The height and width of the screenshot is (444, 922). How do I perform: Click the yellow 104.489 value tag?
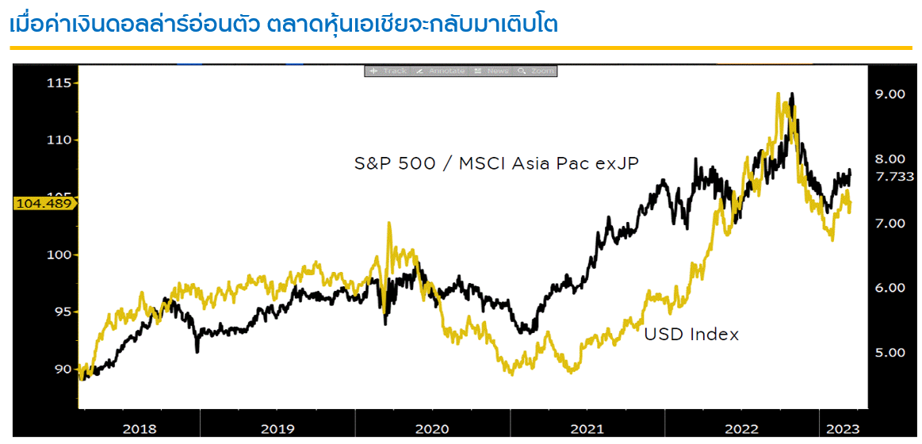43,204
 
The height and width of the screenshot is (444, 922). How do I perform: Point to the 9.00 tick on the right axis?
889,94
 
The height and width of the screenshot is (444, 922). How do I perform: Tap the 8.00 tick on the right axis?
889,159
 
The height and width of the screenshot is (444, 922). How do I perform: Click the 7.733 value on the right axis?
894,176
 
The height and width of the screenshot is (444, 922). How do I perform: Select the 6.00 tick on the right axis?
889,288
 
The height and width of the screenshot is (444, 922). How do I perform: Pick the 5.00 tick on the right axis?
889,352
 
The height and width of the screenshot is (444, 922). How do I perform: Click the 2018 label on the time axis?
140,429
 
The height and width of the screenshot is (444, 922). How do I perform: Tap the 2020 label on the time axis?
432,429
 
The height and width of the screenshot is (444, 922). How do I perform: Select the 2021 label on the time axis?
587,429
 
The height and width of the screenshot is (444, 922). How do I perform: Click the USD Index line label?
691,335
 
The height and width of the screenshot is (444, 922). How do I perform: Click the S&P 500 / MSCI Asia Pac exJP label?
496,163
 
